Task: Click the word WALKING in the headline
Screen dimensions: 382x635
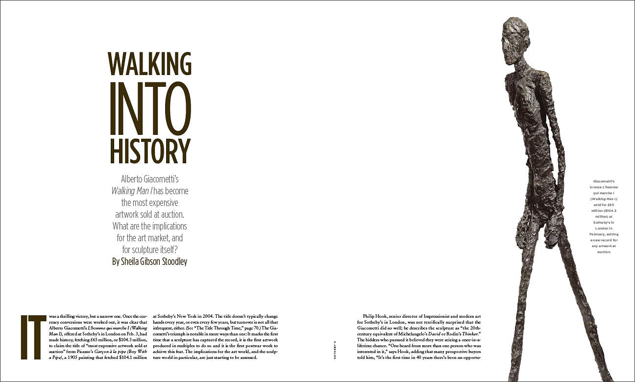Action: click(x=150, y=64)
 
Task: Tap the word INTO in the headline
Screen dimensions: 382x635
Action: click(x=150, y=107)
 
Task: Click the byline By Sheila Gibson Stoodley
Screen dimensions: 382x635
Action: click(x=150, y=261)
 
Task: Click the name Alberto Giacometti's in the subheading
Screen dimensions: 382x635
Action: click(x=150, y=179)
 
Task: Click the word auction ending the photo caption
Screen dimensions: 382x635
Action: click(x=604, y=252)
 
